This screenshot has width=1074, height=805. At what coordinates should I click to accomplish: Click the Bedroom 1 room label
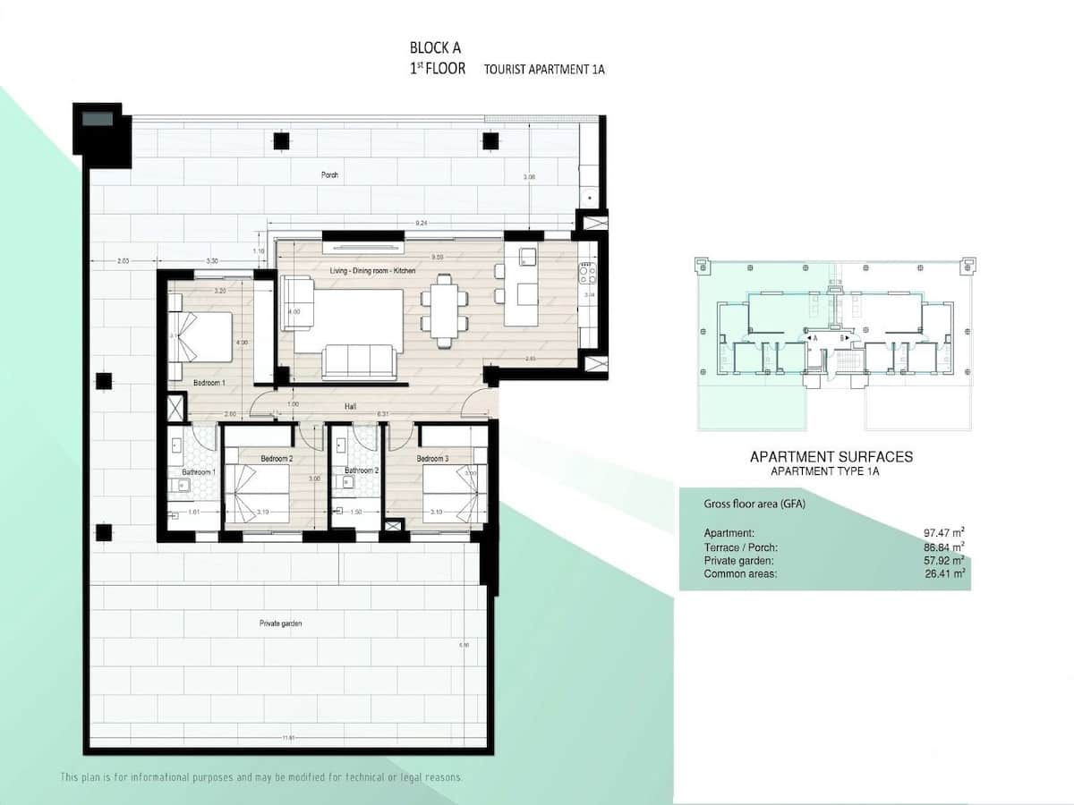click(x=209, y=383)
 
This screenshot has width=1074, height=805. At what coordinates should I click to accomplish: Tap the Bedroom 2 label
click(x=276, y=459)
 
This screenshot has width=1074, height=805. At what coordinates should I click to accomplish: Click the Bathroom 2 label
click(x=361, y=470)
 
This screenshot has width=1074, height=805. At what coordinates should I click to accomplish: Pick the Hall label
click(x=353, y=406)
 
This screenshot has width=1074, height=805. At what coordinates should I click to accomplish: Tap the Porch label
click(x=330, y=174)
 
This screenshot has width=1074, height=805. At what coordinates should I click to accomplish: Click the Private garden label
click(x=281, y=623)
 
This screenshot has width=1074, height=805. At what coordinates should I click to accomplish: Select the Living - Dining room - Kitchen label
click(x=372, y=271)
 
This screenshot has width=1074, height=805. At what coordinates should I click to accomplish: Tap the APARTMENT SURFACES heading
click(x=831, y=457)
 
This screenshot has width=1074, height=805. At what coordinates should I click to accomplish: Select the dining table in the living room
click(x=443, y=308)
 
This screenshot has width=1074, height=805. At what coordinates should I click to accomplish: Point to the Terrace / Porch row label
click(x=740, y=547)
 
